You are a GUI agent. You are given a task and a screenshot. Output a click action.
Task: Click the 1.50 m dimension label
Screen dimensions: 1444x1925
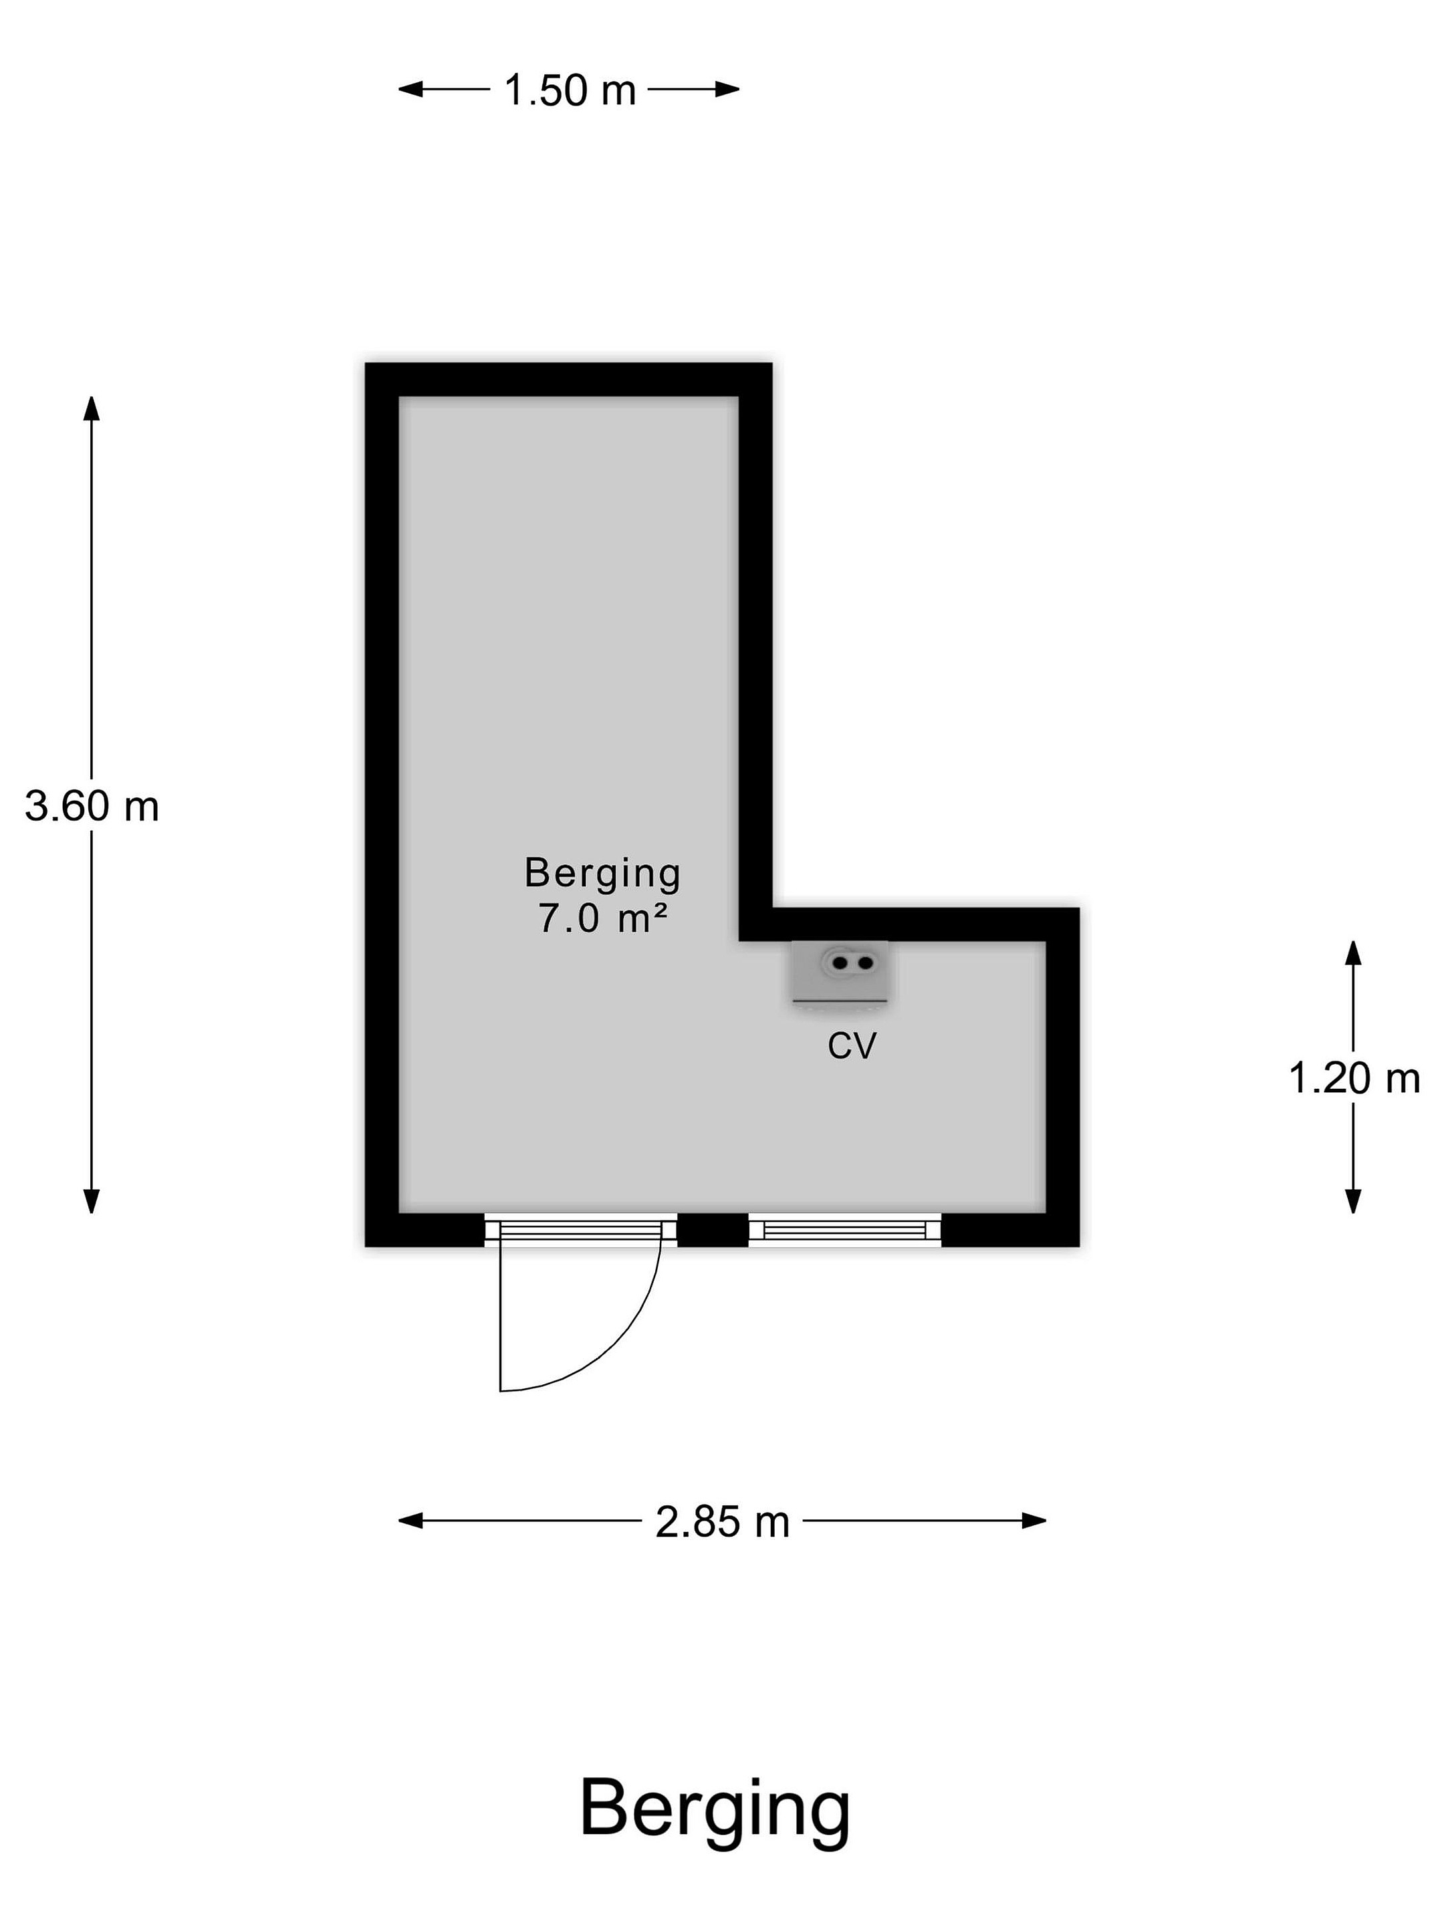(x=570, y=90)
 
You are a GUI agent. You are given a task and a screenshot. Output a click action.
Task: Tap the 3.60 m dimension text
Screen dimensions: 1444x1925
(x=92, y=806)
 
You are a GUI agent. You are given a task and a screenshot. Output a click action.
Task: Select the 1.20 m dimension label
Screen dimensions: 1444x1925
(x=1354, y=1079)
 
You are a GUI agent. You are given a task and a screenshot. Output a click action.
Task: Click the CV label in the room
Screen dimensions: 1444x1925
(x=851, y=1045)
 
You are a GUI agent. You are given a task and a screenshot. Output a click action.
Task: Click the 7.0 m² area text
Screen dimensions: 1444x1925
(x=602, y=918)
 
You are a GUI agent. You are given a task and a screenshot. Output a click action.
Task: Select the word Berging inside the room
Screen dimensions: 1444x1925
(x=602, y=873)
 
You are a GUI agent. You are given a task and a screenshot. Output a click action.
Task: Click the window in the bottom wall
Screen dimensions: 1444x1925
(x=845, y=1230)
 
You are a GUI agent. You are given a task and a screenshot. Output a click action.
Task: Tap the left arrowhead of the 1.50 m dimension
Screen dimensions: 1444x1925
(x=410, y=89)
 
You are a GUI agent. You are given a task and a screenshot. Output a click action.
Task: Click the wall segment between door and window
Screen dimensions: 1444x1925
(x=713, y=1230)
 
